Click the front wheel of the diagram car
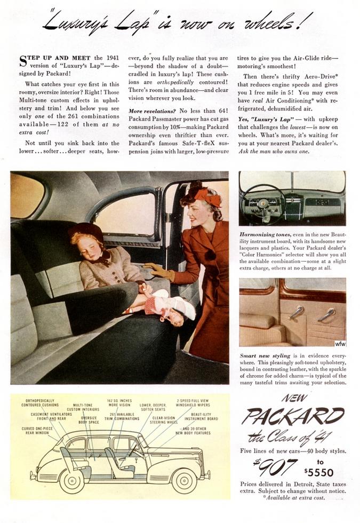pos(182,480)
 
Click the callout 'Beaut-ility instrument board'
pos(204,416)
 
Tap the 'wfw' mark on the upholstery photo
pos(340,343)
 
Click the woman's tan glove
pos(158,271)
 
